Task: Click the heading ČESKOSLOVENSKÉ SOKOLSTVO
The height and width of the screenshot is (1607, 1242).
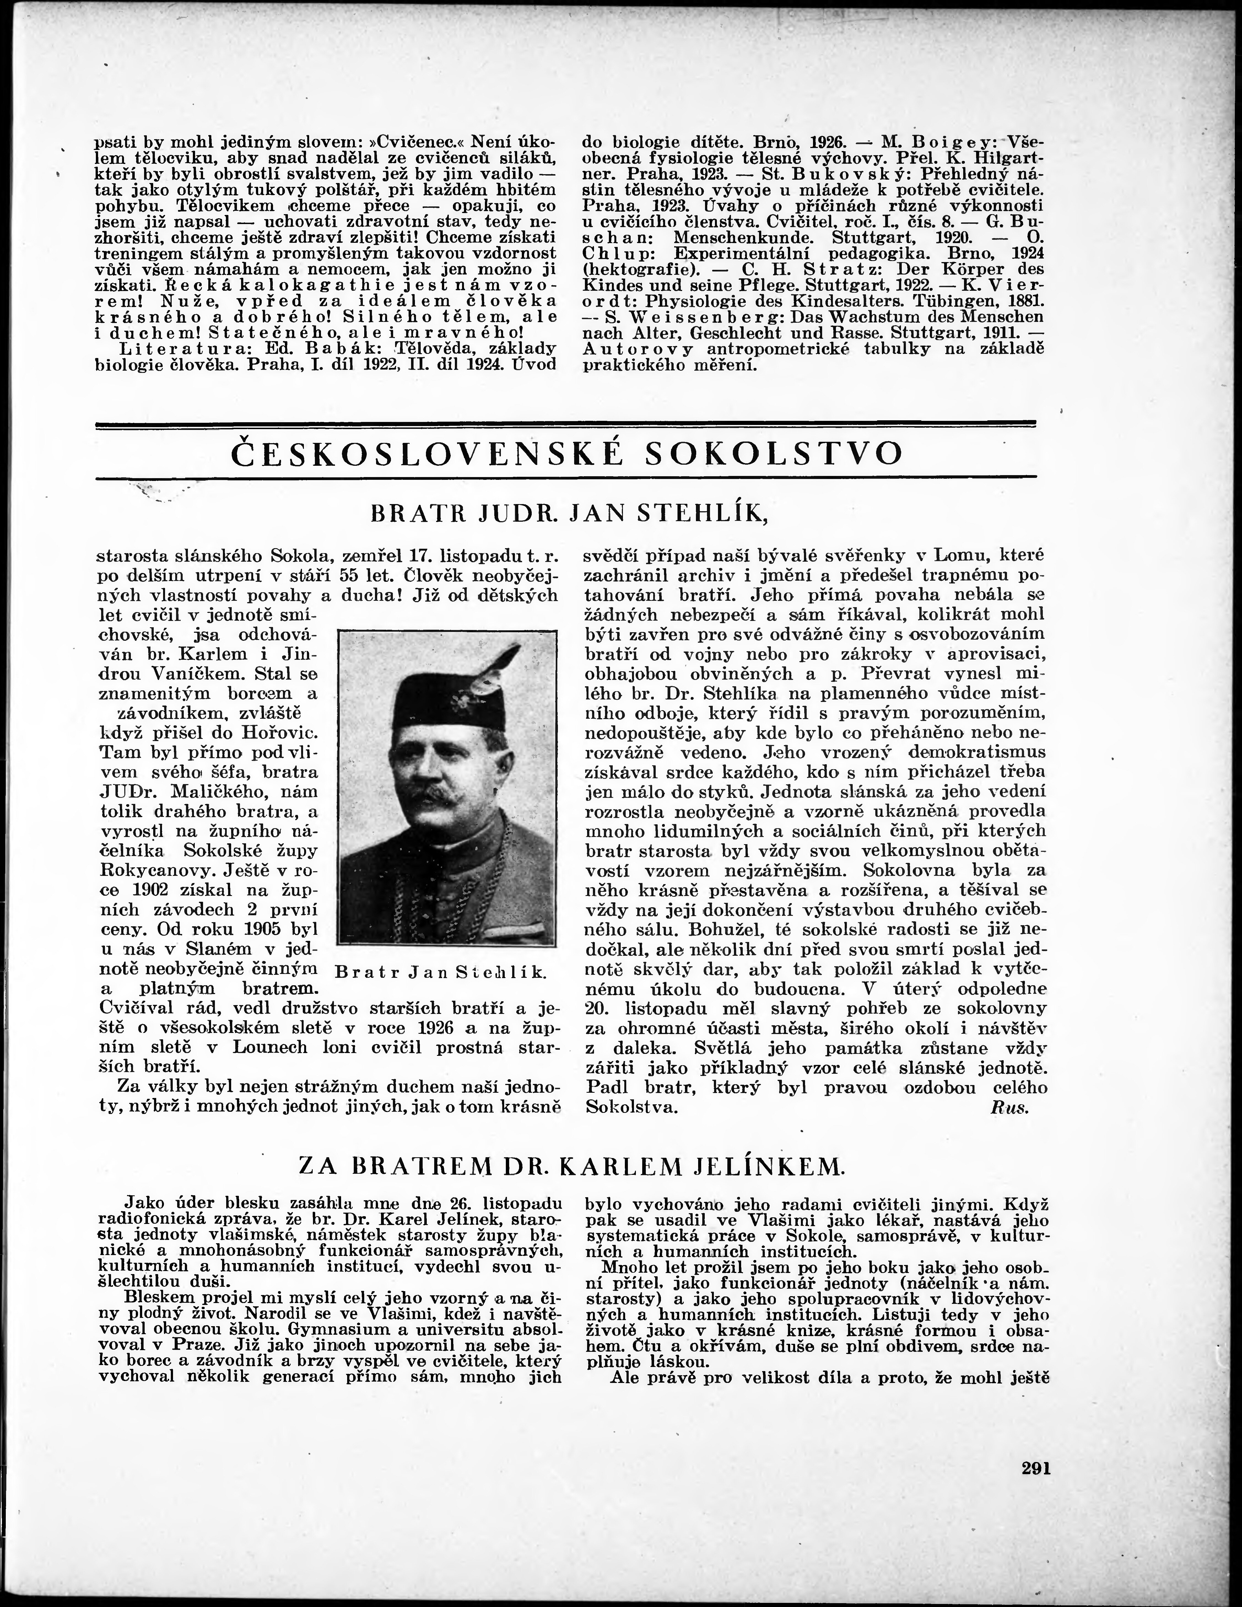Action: point(566,454)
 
